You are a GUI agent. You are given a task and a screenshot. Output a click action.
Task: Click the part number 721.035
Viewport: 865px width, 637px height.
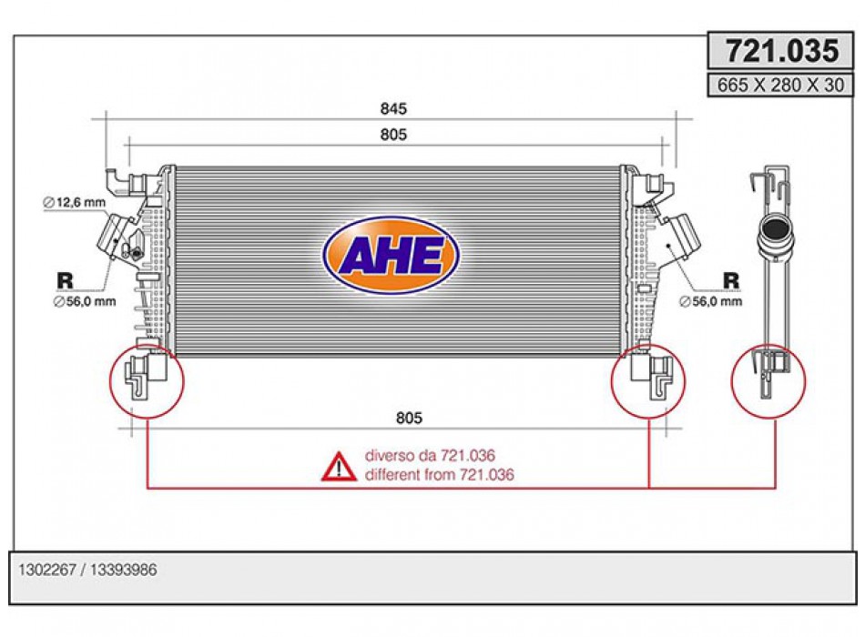(x=782, y=51)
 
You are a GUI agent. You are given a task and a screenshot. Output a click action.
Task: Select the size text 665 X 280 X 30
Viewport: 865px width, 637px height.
(x=780, y=85)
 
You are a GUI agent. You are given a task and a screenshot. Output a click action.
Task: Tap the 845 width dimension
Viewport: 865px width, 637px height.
(x=393, y=108)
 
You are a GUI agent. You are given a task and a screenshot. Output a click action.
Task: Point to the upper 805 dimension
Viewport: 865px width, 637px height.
(x=393, y=135)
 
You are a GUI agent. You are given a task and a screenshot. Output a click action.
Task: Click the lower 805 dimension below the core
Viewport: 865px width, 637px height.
(x=409, y=418)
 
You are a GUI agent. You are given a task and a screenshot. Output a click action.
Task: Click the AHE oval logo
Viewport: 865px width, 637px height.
(x=392, y=256)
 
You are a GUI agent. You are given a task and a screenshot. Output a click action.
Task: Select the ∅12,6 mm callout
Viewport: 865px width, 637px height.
(x=75, y=202)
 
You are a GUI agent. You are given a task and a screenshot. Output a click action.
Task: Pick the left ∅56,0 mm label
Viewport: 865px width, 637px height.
(x=85, y=302)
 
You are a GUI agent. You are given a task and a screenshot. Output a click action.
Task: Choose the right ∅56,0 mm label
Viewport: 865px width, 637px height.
(x=710, y=301)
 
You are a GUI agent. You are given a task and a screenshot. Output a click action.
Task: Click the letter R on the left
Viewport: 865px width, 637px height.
(x=65, y=280)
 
